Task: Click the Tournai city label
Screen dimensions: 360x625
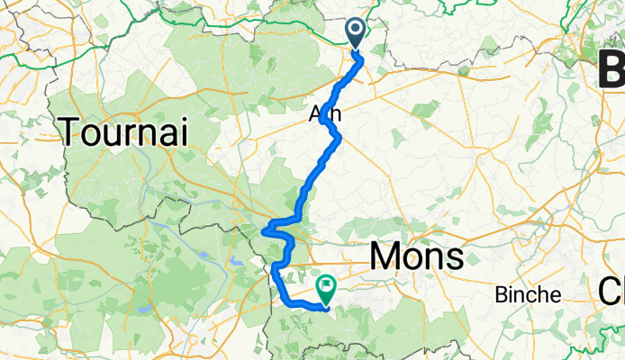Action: pos(124,134)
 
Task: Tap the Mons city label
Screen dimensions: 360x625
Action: pos(417,257)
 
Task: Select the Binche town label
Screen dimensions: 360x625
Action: pos(529,294)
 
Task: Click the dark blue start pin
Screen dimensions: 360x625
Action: pos(356,33)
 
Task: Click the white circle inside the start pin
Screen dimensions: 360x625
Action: pos(356,30)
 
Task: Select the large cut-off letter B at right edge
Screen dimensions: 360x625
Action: pos(613,67)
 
